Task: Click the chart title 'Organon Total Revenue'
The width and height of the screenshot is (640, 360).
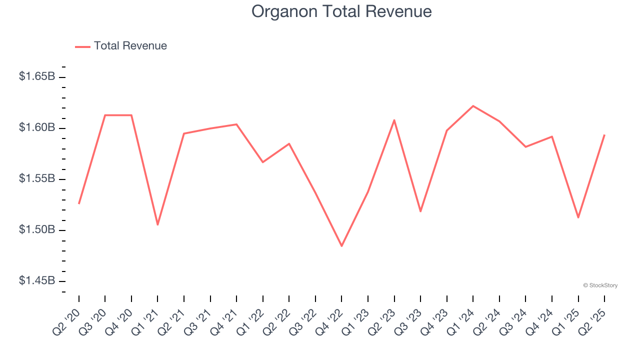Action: pos(341,11)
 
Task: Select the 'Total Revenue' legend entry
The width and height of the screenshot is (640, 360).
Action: pos(130,46)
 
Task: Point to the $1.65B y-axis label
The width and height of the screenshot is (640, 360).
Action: pos(37,76)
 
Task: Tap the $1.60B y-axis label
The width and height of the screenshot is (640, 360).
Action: pos(37,127)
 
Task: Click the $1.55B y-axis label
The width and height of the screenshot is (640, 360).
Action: pos(37,178)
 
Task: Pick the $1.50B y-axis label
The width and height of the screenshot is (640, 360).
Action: pos(37,229)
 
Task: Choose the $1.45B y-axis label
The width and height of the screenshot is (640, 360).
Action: pos(37,280)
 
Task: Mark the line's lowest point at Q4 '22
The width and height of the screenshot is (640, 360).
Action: pos(342,246)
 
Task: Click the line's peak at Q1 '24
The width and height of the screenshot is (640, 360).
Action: pos(473,106)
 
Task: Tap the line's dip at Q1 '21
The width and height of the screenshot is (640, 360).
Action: pos(157,224)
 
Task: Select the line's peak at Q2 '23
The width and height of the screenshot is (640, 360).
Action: pos(394,120)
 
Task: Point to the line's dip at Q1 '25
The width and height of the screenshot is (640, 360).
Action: pos(578,217)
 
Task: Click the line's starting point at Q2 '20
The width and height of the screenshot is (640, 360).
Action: pos(79,203)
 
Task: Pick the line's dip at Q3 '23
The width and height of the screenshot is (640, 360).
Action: pos(420,211)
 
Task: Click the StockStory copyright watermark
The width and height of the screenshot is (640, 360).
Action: pos(600,285)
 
